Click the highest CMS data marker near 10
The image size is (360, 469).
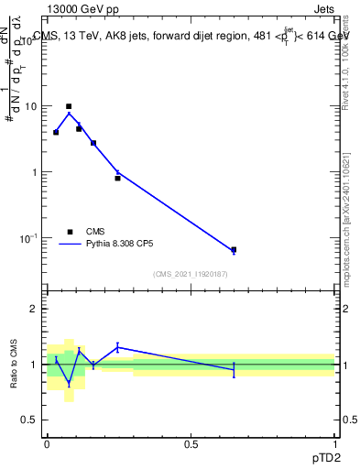tap(69, 106)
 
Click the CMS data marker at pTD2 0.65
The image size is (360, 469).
tap(234, 249)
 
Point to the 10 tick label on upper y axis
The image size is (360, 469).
tap(30, 106)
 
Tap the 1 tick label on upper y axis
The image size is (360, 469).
tap(34, 172)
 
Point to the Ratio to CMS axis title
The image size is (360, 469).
tap(14, 365)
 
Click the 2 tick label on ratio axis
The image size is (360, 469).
tap(34, 310)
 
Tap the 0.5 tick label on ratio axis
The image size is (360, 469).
tap(29, 420)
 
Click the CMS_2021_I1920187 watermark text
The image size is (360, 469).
tap(191, 274)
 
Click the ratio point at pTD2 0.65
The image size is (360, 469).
tap(234, 369)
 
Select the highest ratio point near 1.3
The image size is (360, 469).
tap(117, 347)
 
